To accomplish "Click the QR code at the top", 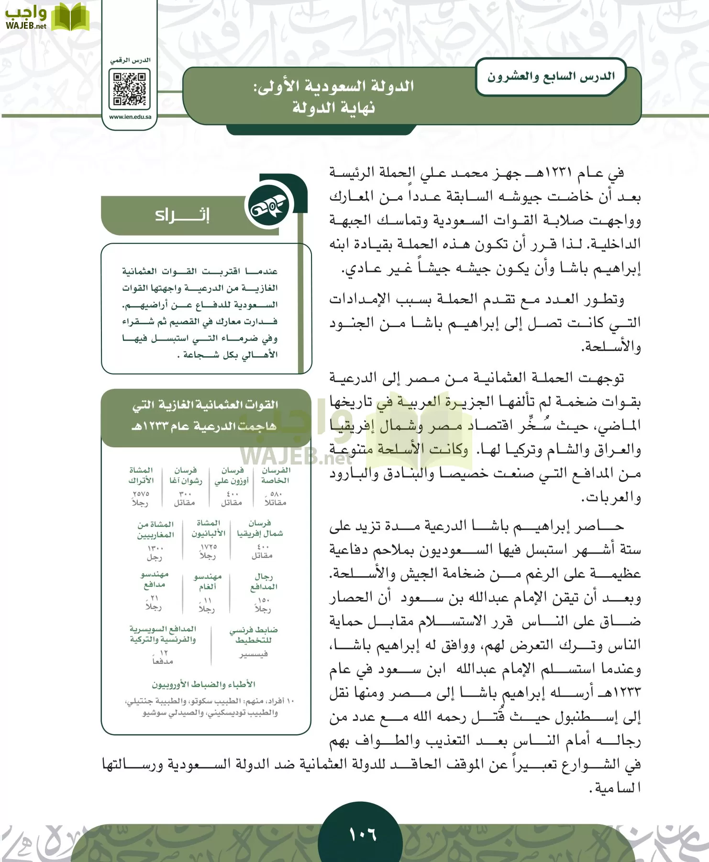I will tap(129, 89).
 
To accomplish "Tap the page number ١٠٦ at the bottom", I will tap(363, 835).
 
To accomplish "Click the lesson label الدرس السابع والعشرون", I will tap(551, 77).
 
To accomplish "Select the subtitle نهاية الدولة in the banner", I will tap(333, 108).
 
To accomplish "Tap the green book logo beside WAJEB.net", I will tap(70, 17).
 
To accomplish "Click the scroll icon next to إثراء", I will tap(269, 207).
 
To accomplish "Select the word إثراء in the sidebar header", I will tap(182, 215).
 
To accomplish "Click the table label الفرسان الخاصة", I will tap(276, 475).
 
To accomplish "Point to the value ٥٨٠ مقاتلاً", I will tap(276, 498).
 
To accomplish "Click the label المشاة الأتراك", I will tap(141, 475).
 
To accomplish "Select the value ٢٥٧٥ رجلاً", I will tap(141, 498).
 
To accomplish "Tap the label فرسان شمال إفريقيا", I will tap(260, 528).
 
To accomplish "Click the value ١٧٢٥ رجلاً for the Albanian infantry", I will tap(208, 551).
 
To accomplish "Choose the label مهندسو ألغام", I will tap(208, 581).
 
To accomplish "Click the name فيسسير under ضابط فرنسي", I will tap(254, 654).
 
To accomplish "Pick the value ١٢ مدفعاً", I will tap(163, 657).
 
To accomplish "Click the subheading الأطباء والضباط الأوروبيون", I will tap(203, 684).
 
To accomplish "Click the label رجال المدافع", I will tap(264, 581).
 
